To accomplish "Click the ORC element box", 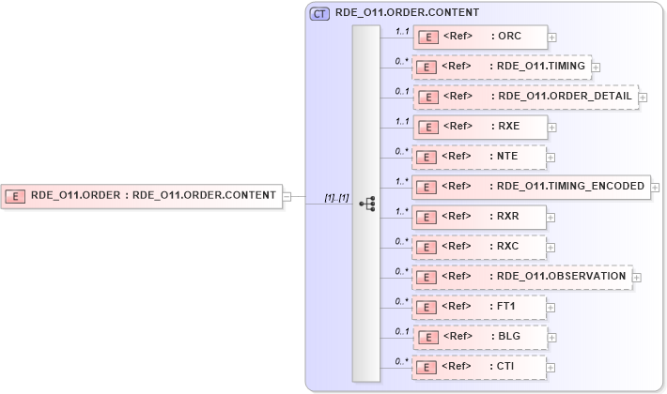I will (x=480, y=38).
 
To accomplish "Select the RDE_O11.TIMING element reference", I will (x=501, y=68).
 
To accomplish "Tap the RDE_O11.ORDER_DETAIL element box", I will (x=525, y=97).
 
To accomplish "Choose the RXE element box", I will (x=480, y=127).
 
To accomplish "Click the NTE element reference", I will (x=480, y=157).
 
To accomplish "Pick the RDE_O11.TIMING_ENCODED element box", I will (x=531, y=187).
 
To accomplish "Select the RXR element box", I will (x=480, y=217).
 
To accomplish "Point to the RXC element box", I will (x=480, y=247).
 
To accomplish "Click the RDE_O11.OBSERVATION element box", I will (x=522, y=277).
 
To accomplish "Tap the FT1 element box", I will (x=480, y=307).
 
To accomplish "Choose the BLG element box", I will (x=480, y=337).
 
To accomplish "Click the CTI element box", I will (x=480, y=367).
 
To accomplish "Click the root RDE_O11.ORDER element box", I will (x=142, y=196).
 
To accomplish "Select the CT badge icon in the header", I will (x=319, y=13).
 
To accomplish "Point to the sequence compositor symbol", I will (x=367, y=204).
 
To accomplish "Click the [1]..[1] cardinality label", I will (x=336, y=198).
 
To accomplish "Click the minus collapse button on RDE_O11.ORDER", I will (x=287, y=196).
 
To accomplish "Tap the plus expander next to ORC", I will (x=551, y=38).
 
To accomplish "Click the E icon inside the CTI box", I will (x=427, y=367).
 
